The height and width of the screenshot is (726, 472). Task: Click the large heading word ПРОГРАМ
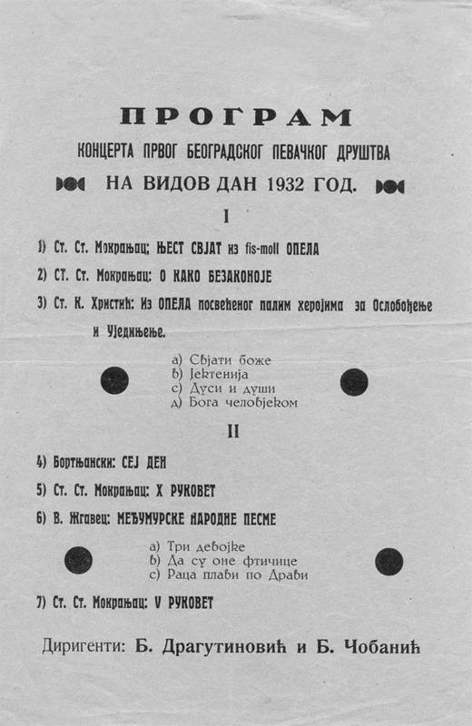[x=236, y=117]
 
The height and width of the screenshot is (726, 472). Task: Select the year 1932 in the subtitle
[x=285, y=185]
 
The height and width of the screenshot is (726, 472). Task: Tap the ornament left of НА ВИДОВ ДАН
[x=70, y=185]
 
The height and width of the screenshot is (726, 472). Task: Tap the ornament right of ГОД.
[x=389, y=187]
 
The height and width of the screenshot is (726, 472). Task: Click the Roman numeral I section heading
[x=226, y=217]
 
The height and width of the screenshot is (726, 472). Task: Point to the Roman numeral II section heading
[x=233, y=432]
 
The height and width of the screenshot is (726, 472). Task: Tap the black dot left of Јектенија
[x=114, y=380]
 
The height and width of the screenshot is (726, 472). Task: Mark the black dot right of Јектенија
[x=354, y=382]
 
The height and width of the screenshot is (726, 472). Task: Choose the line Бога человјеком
[x=234, y=403]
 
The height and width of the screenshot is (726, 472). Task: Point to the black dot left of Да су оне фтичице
[x=78, y=560]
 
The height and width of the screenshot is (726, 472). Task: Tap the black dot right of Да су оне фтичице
[x=388, y=562]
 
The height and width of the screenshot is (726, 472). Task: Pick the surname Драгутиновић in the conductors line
[x=225, y=647]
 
